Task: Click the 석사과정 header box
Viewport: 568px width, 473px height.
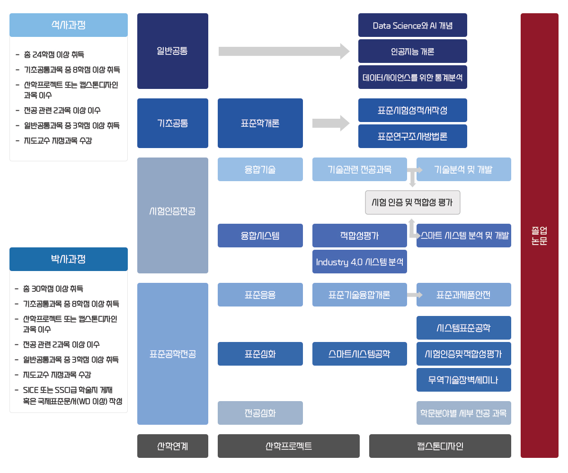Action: pos(69,25)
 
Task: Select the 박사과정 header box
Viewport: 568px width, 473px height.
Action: pos(69,259)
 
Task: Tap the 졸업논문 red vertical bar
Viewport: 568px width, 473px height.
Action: pos(540,236)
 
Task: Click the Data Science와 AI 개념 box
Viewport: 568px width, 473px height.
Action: pos(413,25)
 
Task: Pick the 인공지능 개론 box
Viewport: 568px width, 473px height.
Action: pos(413,51)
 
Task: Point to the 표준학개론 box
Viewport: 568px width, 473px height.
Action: pos(260,123)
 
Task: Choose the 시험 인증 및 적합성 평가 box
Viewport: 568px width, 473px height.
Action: pos(413,202)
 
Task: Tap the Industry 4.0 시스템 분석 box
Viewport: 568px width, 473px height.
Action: pos(360,262)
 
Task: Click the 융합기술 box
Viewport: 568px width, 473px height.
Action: pos(260,169)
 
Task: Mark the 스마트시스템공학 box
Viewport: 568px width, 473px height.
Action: pos(360,354)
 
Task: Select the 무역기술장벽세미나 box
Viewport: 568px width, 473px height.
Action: pos(464,380)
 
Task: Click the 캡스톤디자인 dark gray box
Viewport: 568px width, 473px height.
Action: pos(440,446)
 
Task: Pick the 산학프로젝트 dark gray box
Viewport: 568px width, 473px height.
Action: pos(289,446)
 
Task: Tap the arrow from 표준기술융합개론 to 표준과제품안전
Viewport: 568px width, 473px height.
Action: pos(415,295)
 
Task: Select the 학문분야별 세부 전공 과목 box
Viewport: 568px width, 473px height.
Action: pos(464,413)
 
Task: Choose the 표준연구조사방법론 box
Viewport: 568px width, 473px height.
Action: pos(413,136)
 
